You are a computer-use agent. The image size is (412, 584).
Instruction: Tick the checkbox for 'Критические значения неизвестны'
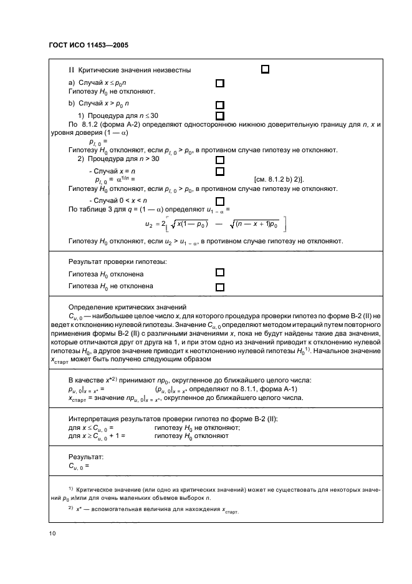264,69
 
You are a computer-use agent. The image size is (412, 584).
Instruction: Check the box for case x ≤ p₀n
219,83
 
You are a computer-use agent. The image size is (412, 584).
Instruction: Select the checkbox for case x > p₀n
219,105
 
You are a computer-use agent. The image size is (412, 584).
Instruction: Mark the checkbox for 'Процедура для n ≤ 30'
219,115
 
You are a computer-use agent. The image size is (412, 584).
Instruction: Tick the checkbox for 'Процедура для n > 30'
219,159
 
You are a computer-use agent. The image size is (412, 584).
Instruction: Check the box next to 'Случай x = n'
219,170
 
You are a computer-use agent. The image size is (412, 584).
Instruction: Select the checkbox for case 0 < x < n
219,200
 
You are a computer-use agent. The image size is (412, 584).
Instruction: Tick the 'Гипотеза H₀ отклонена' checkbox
219,273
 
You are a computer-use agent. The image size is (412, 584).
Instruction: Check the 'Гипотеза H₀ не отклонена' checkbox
219,287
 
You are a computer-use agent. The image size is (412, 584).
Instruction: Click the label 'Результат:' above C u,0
85,457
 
